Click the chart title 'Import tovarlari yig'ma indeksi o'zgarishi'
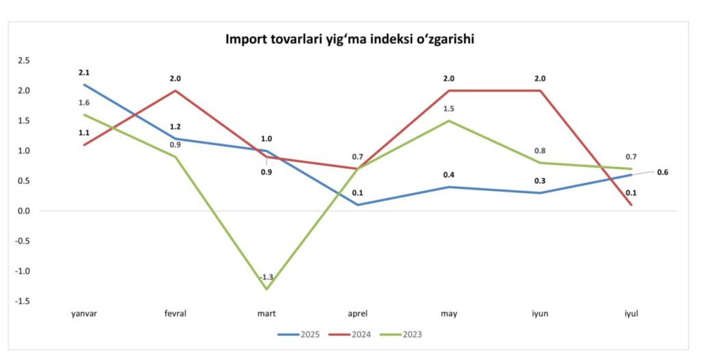tap(350, 39)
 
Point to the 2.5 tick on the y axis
tap(24, 60)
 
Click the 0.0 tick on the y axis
tap(24, 211)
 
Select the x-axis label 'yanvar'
tap(84, 313)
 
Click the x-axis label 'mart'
tap(266, 313)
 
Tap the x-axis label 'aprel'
tap(358, 313)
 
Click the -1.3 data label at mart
tap(266, 277)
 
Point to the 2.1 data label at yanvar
tap(84, 72)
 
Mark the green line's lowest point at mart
tap(266, 289)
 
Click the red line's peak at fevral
tap(175, 90)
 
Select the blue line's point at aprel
tap(358, 205)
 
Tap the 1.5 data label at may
tap(448, 109)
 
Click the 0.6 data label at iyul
tap(663, 172)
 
